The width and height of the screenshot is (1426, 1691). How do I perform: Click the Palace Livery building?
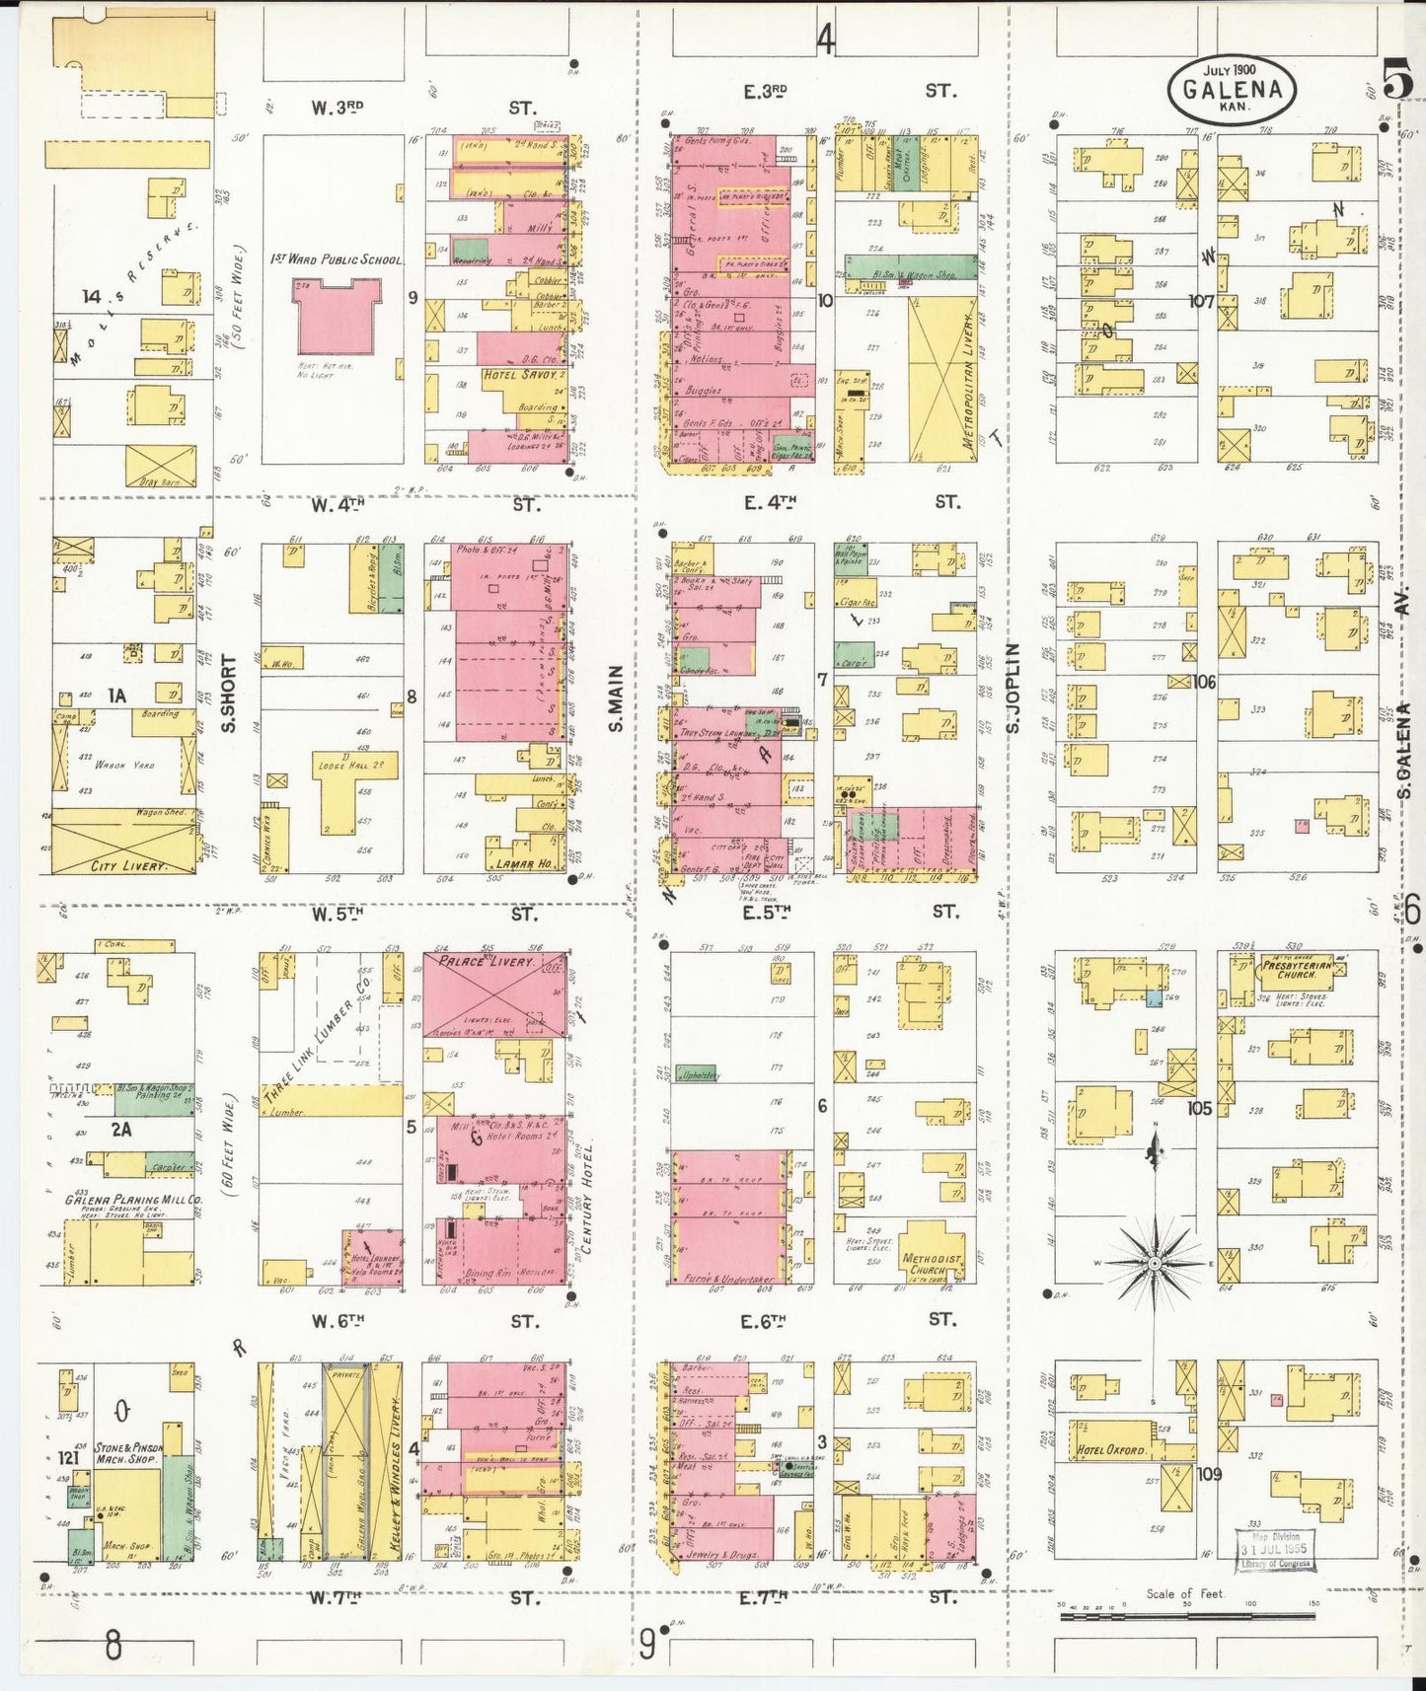pyautogui.click(x=495, y=993)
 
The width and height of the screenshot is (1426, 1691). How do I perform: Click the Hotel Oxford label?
pyautogui.click(x=1112, y=1449)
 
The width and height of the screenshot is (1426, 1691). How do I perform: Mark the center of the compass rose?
pyautogui.click(x=1155, y=1263)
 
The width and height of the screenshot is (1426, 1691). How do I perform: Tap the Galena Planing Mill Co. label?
pyautogui.click(x=133, y=1201)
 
